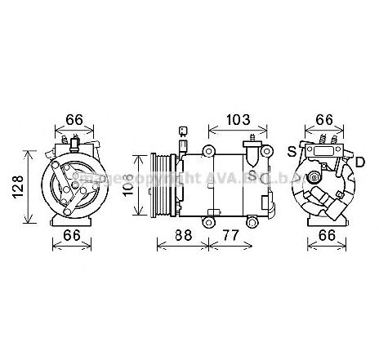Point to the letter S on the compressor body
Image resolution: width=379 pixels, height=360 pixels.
pos(252,176)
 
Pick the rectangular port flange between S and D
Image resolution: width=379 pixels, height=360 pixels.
pos(323,150)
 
